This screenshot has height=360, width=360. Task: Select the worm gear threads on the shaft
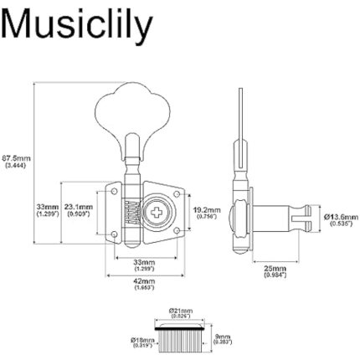coord(128,214)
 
